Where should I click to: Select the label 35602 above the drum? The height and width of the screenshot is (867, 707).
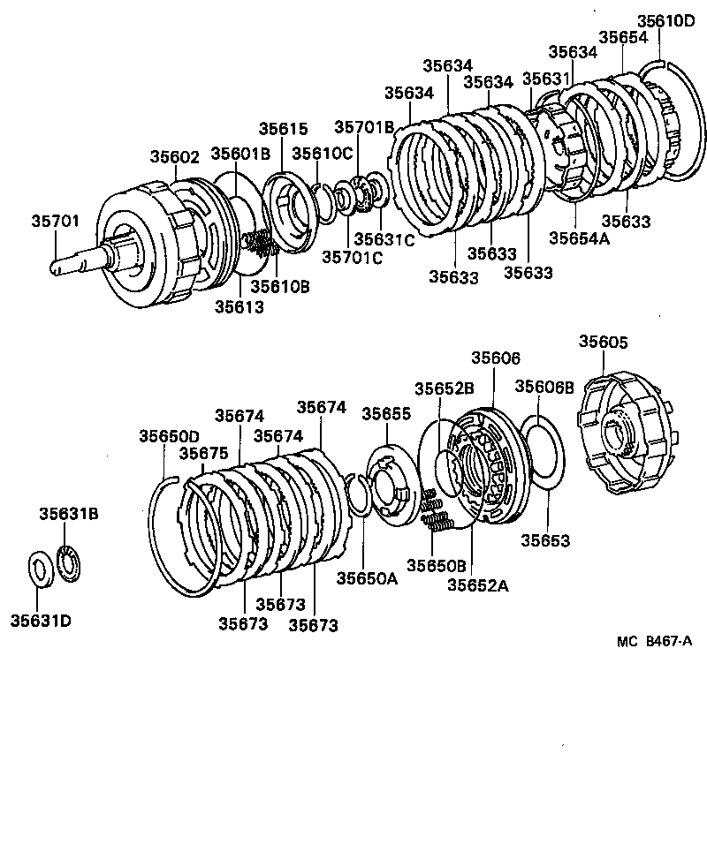(174, 155)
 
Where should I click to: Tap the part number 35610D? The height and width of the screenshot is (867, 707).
(665, 21)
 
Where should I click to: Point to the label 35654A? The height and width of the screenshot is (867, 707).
(579, 237)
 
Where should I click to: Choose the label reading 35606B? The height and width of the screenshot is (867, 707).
(544, 386)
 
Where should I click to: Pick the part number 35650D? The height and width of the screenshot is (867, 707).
(169, 435)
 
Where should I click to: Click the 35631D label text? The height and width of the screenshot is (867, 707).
(41, 621)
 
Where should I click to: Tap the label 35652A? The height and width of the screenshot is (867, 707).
(479, 584)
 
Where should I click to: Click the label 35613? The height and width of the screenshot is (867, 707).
(238, 306)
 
